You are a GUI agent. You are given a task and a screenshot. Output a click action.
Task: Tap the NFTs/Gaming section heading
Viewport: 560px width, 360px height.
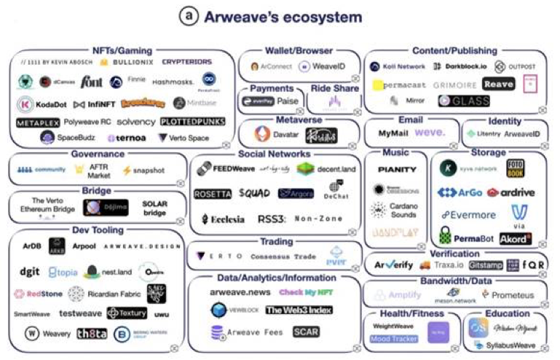click(x=122, y=50)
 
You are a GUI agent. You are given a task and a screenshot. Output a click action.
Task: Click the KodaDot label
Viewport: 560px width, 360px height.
click(x=48, y=103)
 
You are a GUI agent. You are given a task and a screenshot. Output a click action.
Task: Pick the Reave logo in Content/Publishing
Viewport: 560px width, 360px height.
click(x=499, y=84)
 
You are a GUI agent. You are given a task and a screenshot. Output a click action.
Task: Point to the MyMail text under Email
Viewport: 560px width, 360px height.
click(x=393, y=133)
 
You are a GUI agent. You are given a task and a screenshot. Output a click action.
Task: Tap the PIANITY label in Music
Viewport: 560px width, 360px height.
click(x=397, y=169)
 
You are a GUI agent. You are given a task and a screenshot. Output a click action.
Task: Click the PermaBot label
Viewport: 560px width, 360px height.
click(x=476, y=237)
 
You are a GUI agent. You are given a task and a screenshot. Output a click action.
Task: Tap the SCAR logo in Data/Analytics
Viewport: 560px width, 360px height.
click(x=306, y=332)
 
